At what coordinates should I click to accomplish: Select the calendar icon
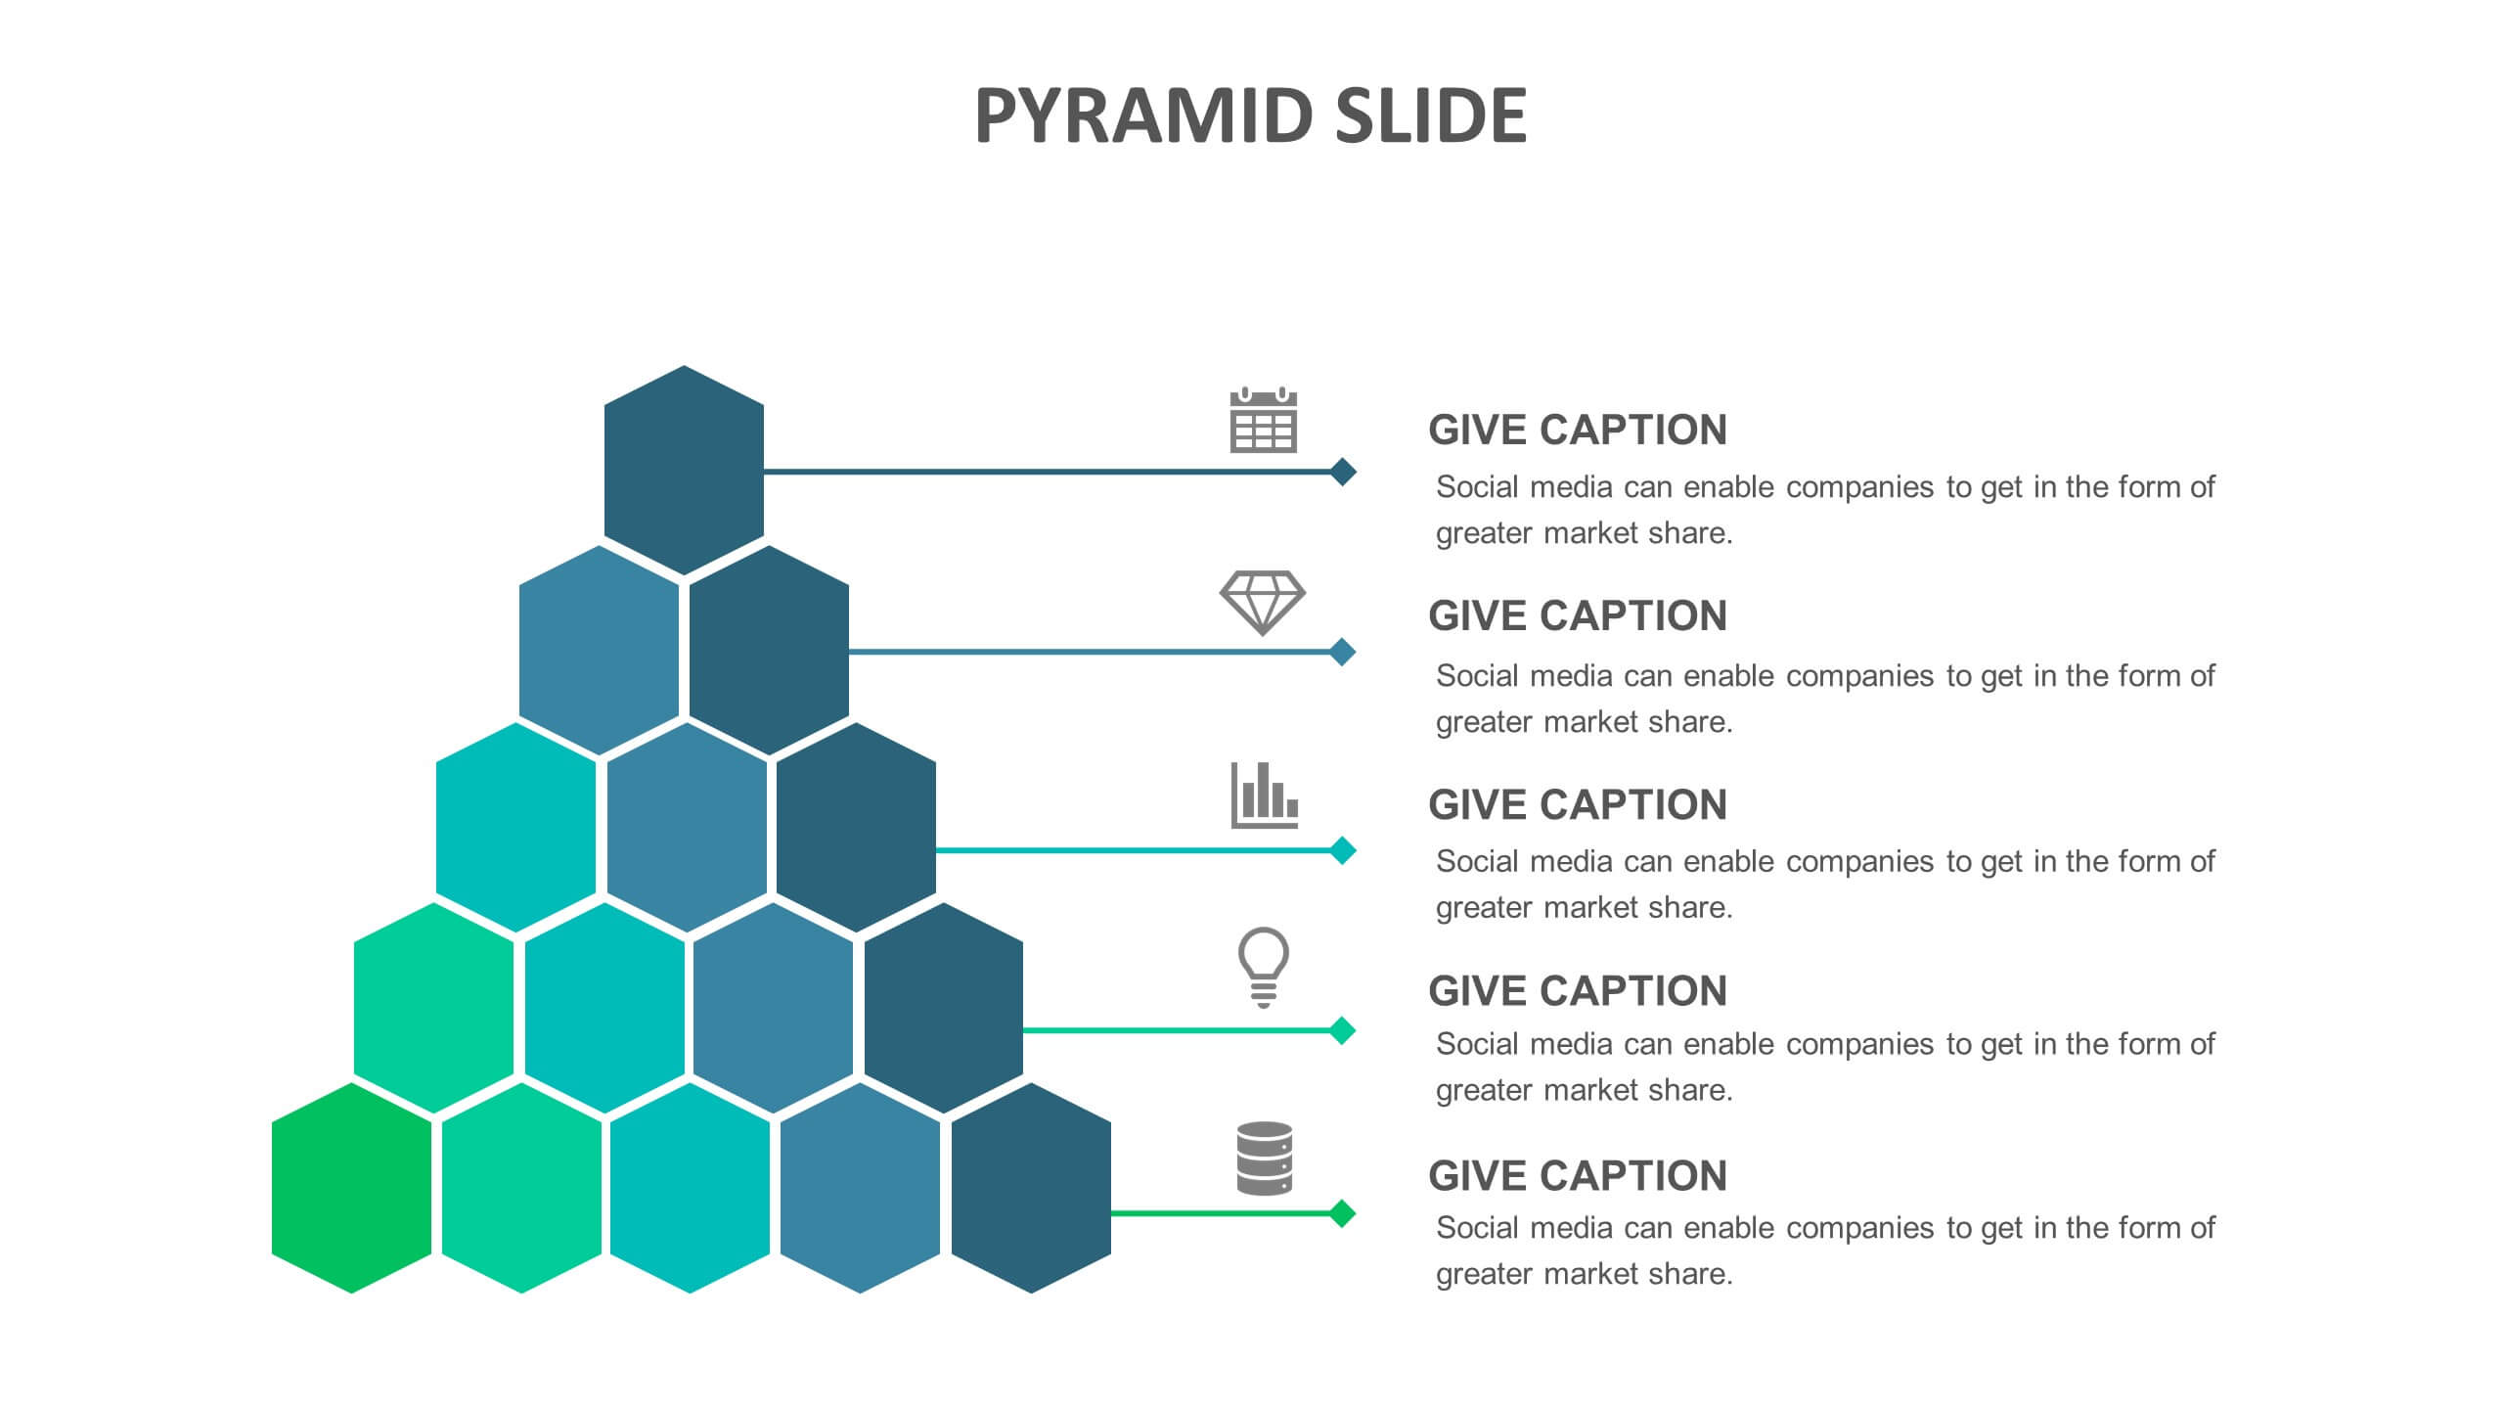pyautogui.click(x=1263, y=420)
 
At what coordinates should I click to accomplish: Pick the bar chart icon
pyautogui.click(x=1264, y=795)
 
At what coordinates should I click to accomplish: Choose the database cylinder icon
pyautogui.click(x=1265, y=1159)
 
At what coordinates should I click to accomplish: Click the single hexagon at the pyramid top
pyautogui.click(x=684, y=471)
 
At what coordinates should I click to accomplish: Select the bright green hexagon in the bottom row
pyautogui.click(x=351, y=1188)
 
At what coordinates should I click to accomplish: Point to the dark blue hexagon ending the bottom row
pyautogui.click(x=1031, y=1188)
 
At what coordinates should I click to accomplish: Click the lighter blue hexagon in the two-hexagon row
pyautogui.click(x=599, y=651)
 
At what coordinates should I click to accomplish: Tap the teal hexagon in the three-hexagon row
pyautogui.click(x=515, y=828)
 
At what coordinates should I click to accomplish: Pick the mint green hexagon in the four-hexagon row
pyautogui.click(x=433, y=1008)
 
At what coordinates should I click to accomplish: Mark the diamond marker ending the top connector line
pyautogui.click(x=1343, y=472)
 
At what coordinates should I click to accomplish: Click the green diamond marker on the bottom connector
pyautogui.click(x=1343, y=1213)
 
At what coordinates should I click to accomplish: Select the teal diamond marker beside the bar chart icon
pyautogui.click(x=1343, y=850)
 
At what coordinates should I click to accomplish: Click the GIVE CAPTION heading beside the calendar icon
pyautogui.click(x=1578, y=430)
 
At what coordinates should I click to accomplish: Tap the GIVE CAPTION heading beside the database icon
pyautogui.click(x=1578, y=1175)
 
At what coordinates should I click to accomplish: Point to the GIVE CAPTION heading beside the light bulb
pyautogui.click(x=1578, y=990)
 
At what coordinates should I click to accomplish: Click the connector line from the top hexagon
pyautogui.click(x=1047, y=472)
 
